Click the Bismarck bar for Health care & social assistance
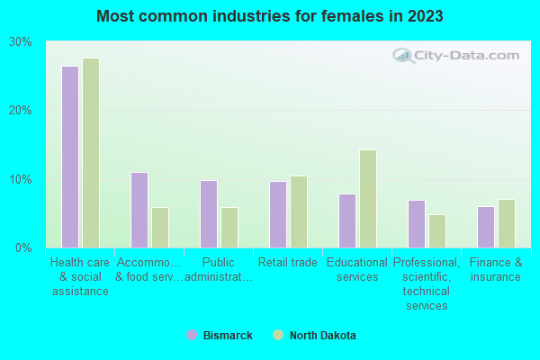(69, 157)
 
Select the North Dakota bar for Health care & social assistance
(90, 153)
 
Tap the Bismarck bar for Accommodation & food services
(139, 210)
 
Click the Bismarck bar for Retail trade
(277, 214)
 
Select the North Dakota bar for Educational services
(367, 199)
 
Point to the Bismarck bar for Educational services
(346, 220)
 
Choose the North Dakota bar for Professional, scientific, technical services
(436, 231)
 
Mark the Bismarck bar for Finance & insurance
(485, 227)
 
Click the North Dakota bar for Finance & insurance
(506, 223)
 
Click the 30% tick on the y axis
(20, 42)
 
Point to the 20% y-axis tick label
(20, 111)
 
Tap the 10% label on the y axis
(20, 179)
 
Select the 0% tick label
(23, 247)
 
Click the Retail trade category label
(287, 263)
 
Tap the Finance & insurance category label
(495, 270)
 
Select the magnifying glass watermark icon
(404, 56)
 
